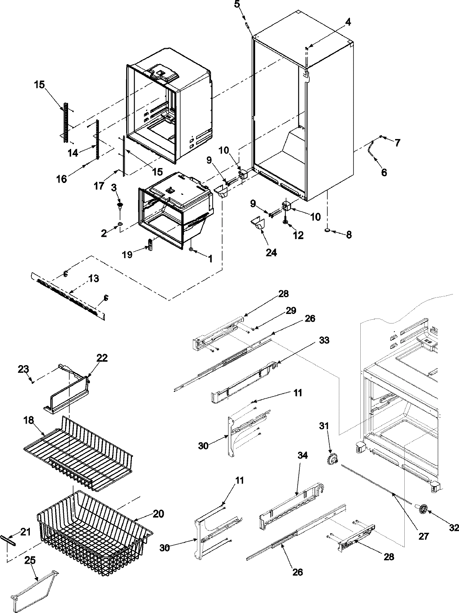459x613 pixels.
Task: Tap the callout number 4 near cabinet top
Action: point(347,22)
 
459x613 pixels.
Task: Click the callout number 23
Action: point(23,369)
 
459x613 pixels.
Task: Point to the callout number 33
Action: point(324,340)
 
